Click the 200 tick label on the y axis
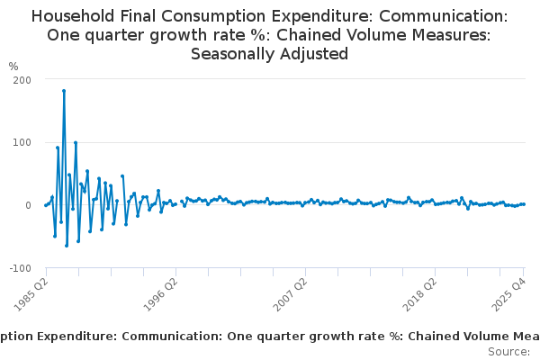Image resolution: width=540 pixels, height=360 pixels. pos(22,80)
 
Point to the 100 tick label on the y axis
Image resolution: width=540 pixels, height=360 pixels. pos(22,143)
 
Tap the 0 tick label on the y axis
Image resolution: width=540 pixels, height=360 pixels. pos(28,206)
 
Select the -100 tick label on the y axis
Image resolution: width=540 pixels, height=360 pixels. pos(19,269)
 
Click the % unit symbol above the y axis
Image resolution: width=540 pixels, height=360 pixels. pos(13,67)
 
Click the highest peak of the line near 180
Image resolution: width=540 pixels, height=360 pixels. pos(64,91)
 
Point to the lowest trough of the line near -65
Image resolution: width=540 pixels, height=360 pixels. pos(67,246)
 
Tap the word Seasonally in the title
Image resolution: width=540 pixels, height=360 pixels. pos(236,54)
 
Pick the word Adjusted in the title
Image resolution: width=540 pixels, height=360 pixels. pos(316,54)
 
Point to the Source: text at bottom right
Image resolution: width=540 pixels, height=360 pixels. pos(508,352)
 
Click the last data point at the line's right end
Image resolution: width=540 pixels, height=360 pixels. pos(524,204)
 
